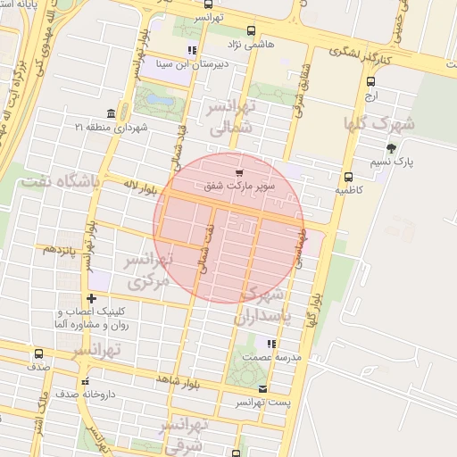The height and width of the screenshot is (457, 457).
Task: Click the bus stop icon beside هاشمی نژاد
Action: [x=250, y=29]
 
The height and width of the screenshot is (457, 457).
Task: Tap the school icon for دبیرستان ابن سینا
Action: [x=191, y=50]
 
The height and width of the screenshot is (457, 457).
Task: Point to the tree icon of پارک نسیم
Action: [x=391, y=148]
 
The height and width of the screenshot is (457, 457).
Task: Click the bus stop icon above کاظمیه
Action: [x=348, y=176]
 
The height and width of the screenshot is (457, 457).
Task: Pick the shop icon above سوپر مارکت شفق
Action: [x=238, y=172]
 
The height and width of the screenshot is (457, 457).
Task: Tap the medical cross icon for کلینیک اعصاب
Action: [x=91, y=297]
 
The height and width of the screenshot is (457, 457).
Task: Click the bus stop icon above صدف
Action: [x=37, y=353]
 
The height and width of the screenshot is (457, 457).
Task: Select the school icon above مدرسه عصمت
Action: [x=270, y=343]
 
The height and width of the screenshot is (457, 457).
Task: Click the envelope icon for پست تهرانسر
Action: [x=262, y=388]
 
